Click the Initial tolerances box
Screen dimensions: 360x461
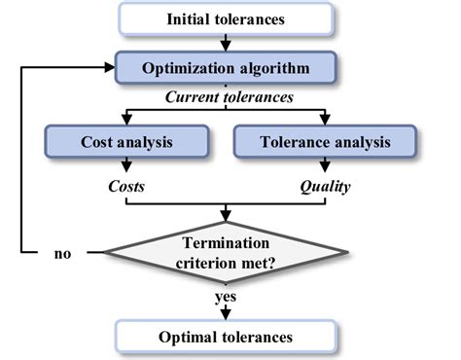tap(226, 18)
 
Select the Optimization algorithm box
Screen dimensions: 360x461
tap(226, 68)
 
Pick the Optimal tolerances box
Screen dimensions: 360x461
tap(226, 338)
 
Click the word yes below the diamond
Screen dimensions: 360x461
tap(226, 299)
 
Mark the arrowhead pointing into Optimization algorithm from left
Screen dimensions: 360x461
tap(109, 68)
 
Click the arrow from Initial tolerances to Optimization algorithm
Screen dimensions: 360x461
tap(226, 43)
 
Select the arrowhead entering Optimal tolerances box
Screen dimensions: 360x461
tap(226, 316)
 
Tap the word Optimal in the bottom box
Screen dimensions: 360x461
tap(191, 338)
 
